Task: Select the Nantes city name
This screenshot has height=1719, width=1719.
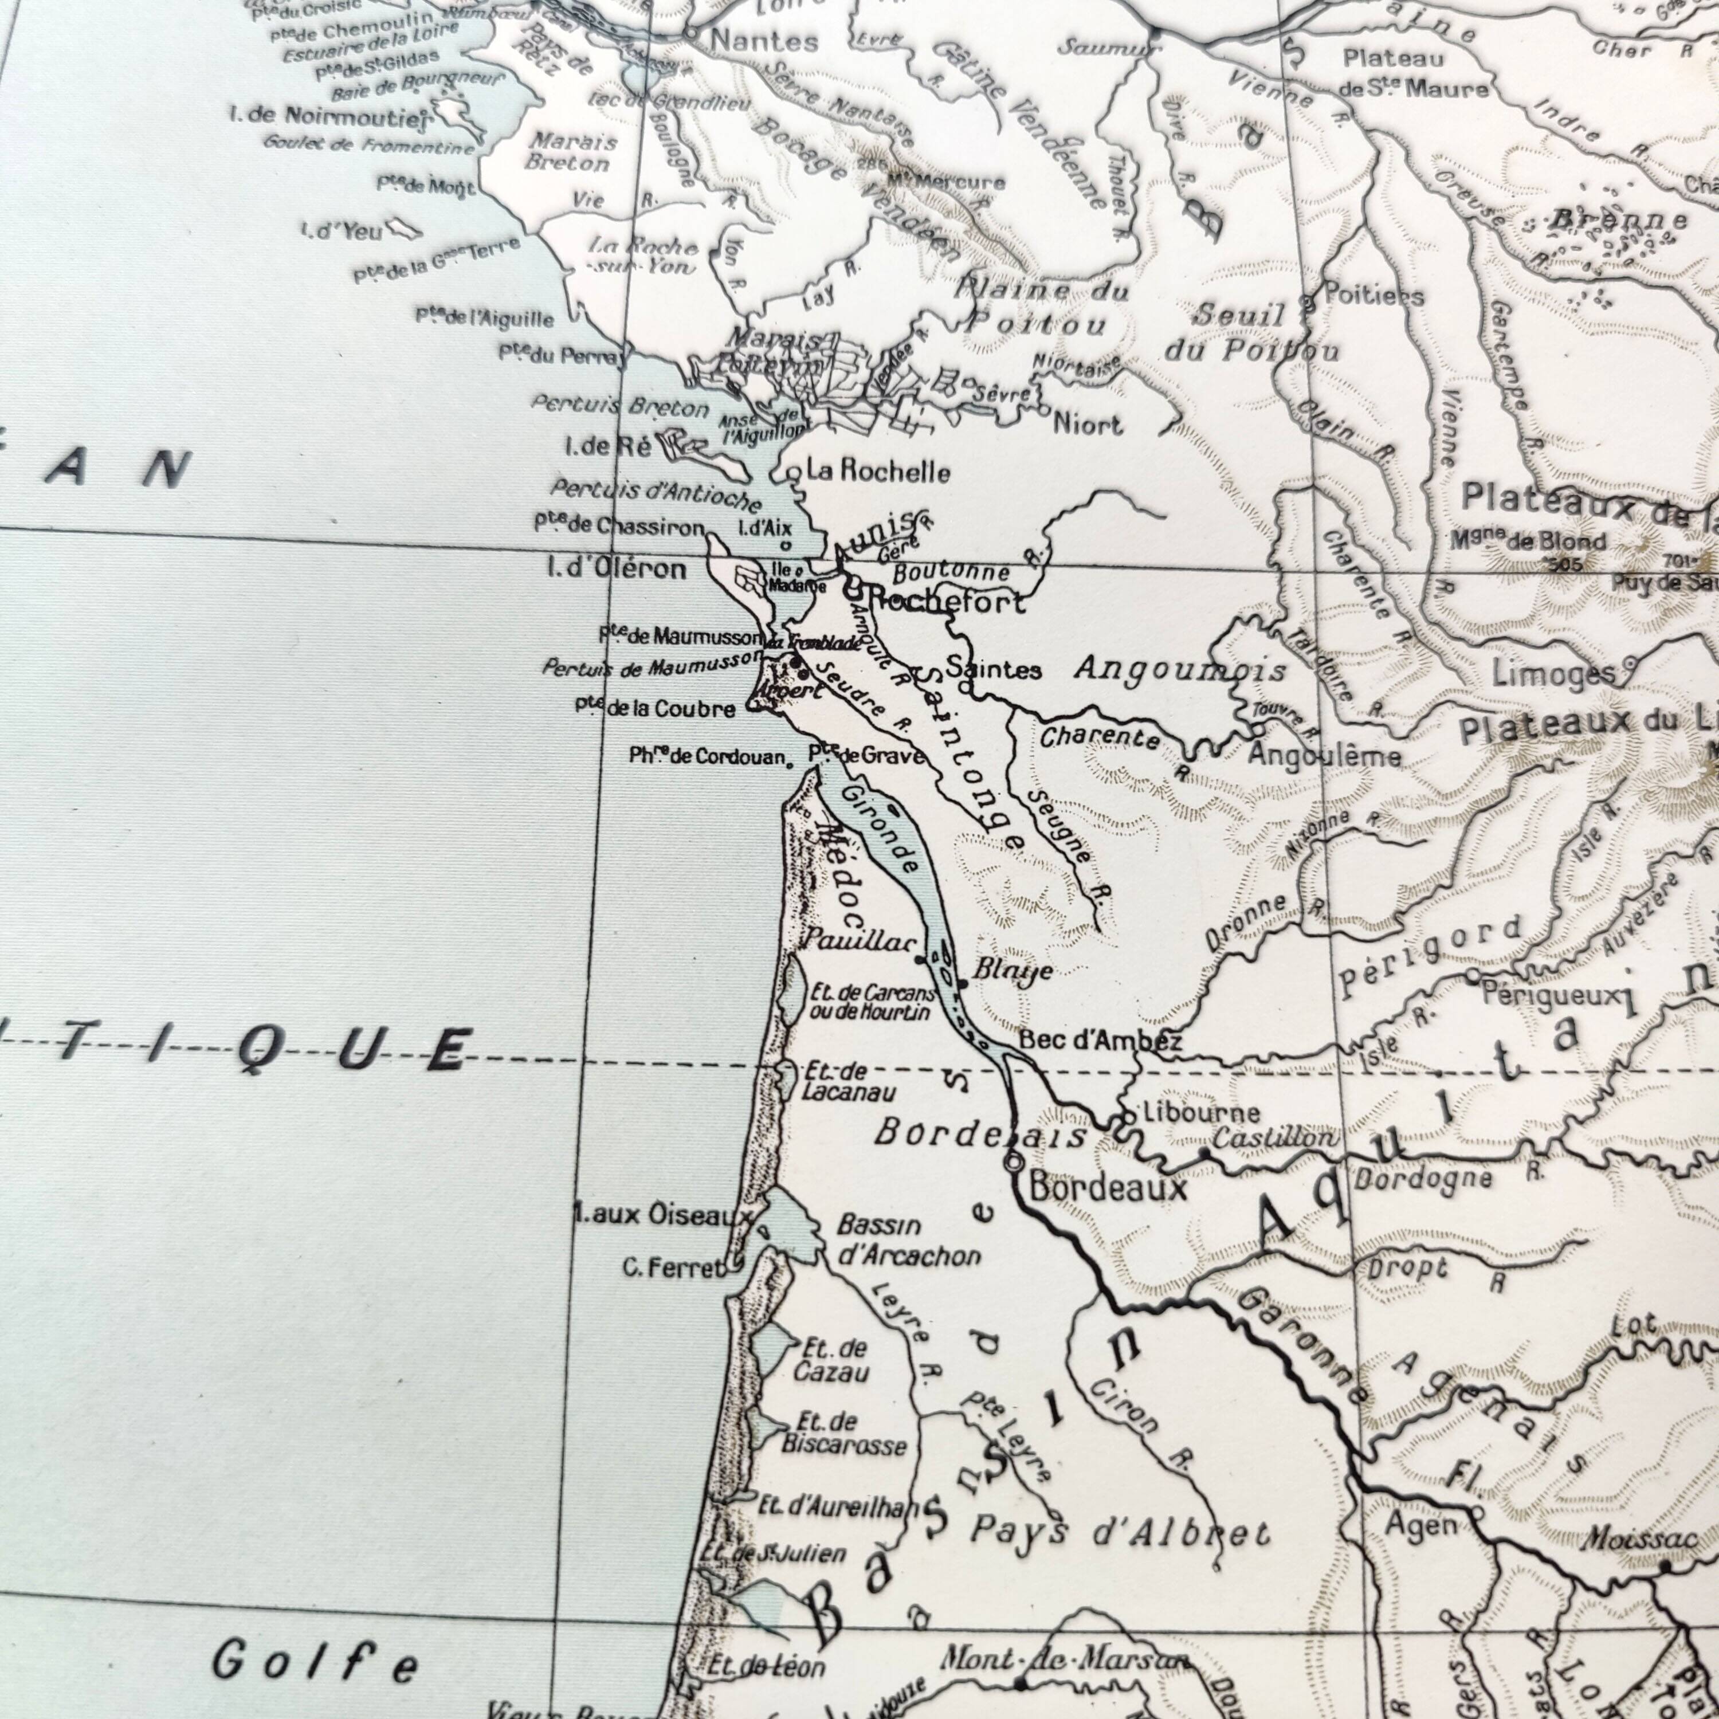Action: tap(764, 41)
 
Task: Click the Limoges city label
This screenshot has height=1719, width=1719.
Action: tap(1553, 673)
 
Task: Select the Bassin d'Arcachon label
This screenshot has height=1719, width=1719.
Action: tap(908, 1241)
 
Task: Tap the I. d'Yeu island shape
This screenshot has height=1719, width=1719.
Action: tap(407, 230)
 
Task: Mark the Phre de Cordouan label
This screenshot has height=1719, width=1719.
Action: tap(707, 756)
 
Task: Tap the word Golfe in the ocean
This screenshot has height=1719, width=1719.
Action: tap(315, 1661)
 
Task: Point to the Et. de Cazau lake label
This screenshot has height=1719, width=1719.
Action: tap(830, 1360)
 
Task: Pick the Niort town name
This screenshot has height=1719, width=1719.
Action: tap(1088, 425)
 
